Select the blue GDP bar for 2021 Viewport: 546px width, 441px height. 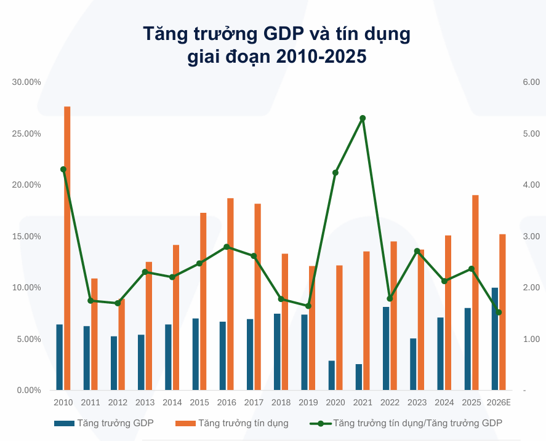[359, 377]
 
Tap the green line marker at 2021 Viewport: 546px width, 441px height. [363, 118]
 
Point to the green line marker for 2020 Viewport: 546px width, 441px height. [335, 173]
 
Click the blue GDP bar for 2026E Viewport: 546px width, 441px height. [495, 339]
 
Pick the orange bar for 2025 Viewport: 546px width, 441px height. [475, 292]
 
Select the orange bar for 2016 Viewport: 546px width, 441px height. [230, 294]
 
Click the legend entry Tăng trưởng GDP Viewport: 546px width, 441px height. [104, 423]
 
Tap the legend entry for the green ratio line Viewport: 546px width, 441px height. [406, 423]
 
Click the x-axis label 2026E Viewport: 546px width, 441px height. [499, 402]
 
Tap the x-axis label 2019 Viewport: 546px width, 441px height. [308, 402]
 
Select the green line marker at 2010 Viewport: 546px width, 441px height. [63, 169]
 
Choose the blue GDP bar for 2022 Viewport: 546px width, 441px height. [386, 348]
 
